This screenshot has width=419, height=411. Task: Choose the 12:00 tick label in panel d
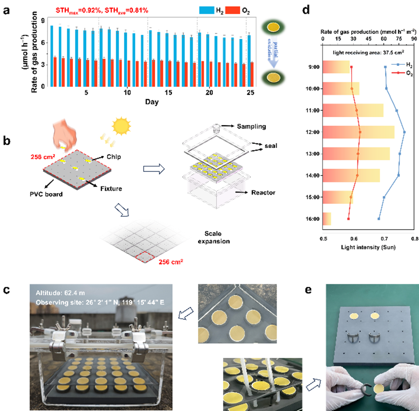point(313,132)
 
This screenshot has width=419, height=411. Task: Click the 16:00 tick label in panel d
point(313,219)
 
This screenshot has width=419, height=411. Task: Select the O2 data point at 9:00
point(351,67)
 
